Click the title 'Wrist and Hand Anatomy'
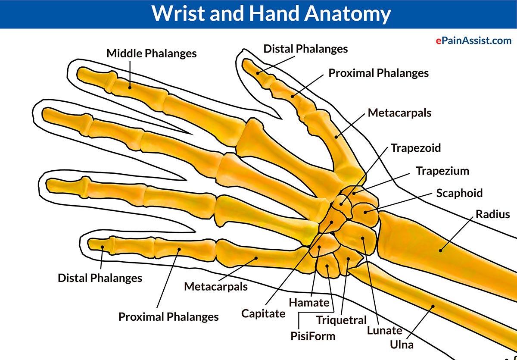(271, 14)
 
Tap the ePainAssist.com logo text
(473, 41)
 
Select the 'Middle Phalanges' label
(152, 53)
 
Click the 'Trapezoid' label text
(416, 148)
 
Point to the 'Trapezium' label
(442, 171)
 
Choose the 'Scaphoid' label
(459, 193)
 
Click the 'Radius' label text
(493, 214)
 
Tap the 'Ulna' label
(402, 344)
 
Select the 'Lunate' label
(384, 331)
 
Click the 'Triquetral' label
(341, 320)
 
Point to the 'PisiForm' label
(313, 335)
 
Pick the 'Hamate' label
(309, 303)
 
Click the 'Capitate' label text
(263, 313)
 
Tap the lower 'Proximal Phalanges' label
(168, 317)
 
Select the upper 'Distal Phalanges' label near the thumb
(305, 49)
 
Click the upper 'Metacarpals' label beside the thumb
(399, 113)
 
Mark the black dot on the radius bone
(440, 250)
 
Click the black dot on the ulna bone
(433, 307)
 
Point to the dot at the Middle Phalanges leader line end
(130, 87)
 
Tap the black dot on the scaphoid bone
(366, 211)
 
